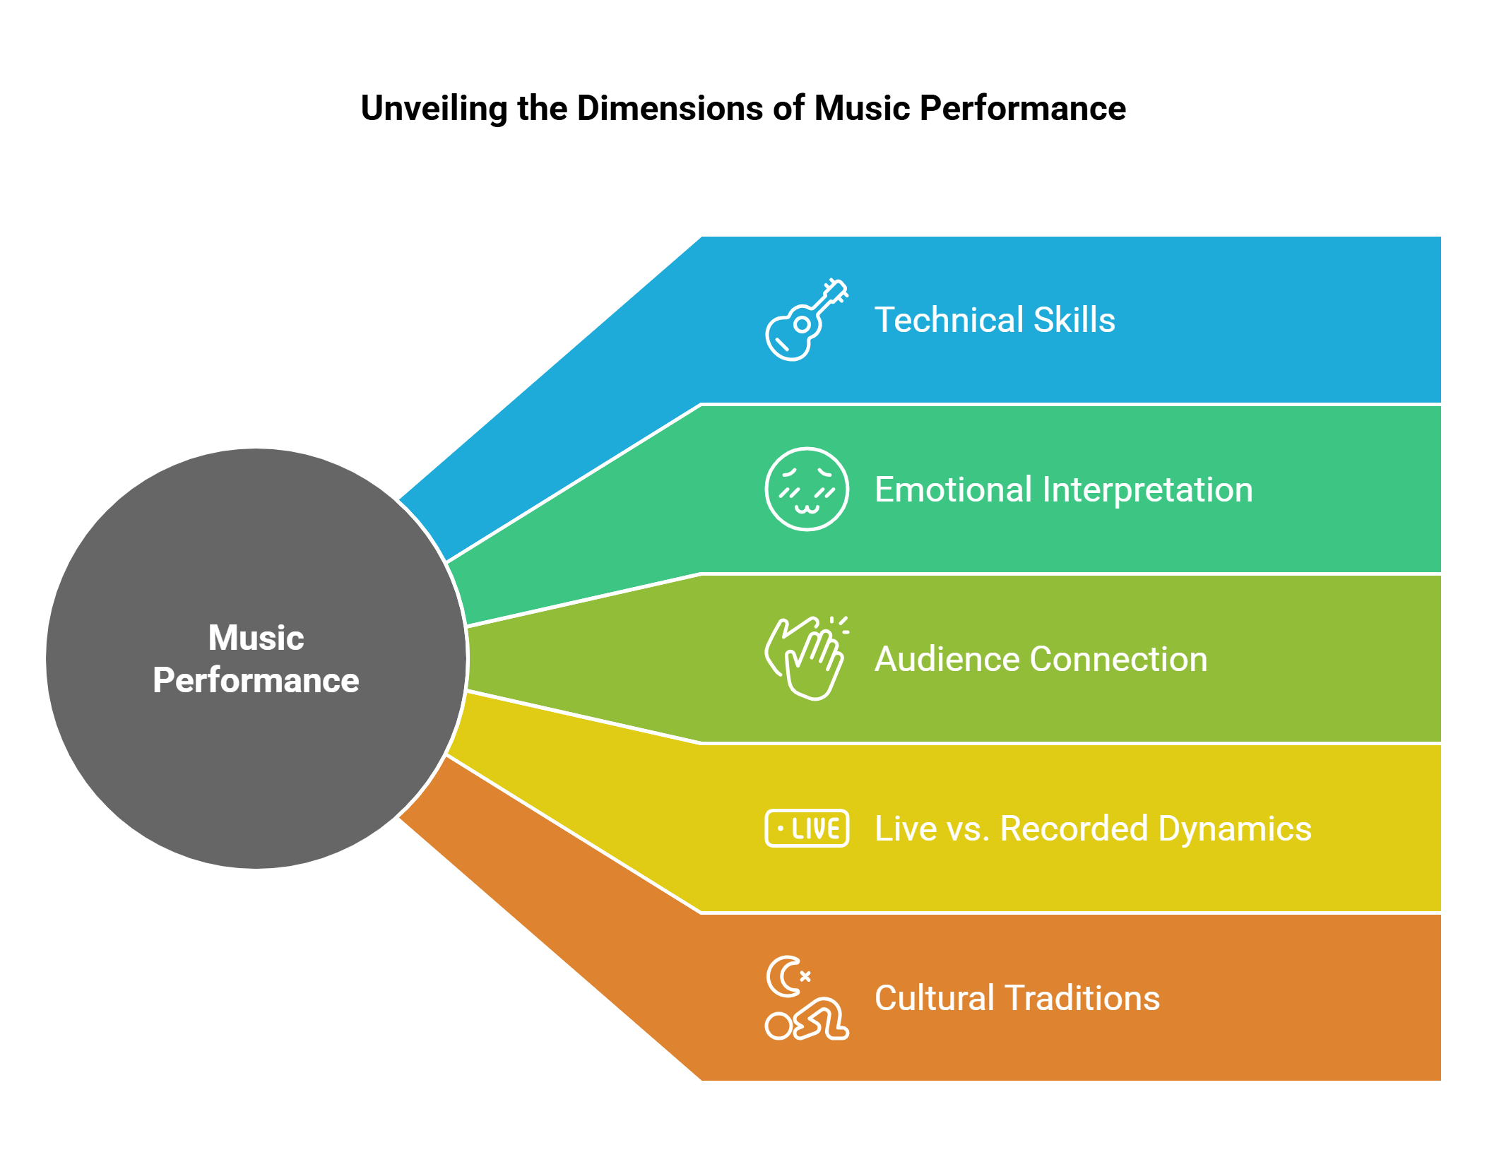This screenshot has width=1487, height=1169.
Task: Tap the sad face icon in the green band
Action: point(806,489)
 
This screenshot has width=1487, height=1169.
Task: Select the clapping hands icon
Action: point(805,658)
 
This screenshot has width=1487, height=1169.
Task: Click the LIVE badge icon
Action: point(806,828)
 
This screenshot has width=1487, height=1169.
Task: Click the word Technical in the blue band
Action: point(947,320)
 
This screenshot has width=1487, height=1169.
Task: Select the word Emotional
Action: point(952,489)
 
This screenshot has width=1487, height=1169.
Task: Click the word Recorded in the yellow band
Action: point(1074,829)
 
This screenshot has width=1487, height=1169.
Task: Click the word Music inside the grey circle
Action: point(256,637)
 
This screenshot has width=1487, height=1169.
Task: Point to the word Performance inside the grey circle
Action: point(256,680)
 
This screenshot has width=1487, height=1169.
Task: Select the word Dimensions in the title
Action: point(670,109)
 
